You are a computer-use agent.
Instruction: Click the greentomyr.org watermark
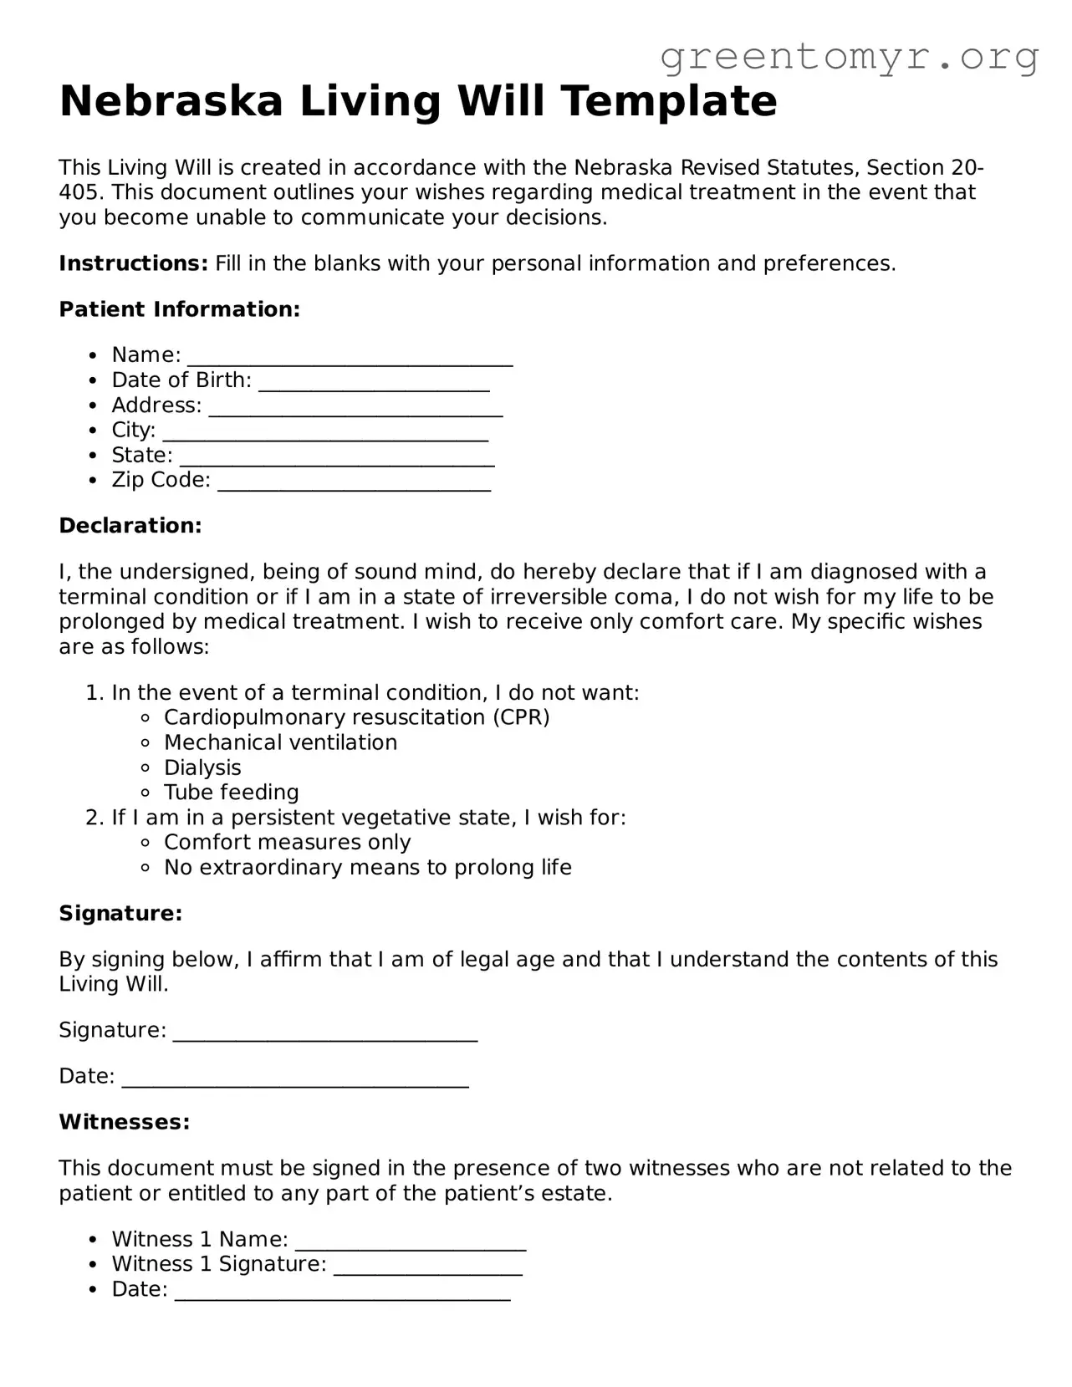850,57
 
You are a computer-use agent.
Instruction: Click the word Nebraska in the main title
171,101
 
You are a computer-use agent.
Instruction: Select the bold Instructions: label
133,263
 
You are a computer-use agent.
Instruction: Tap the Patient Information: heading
179,309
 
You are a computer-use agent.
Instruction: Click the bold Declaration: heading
130,526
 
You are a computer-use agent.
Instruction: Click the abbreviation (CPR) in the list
521,717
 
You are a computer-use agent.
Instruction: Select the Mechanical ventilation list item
280,742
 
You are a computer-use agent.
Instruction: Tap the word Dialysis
202,767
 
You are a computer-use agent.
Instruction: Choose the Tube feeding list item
231,792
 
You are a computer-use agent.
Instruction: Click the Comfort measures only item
287,842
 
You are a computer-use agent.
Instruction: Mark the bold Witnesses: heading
125,1122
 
